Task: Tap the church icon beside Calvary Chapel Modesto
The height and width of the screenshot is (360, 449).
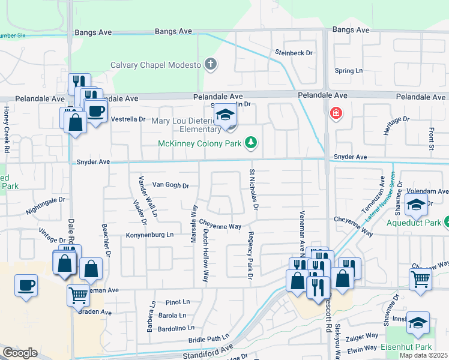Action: click(x=210, y=64)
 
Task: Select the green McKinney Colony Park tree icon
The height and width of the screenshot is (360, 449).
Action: click(x=251, y=143)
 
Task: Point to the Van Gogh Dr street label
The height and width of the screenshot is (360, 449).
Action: click(x=170, y=185)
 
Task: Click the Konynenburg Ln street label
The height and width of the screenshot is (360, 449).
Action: click(x=149, y=235)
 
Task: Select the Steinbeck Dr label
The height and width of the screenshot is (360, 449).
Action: click(x=294, y=53)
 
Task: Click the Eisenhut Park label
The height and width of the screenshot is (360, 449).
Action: click(x=406, y=347)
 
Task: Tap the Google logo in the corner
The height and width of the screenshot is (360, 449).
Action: click(x=20, y=353)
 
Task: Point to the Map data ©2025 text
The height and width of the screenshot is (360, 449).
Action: click(x=423, y=355)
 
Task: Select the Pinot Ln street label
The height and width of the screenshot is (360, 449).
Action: click(x=178, y=302)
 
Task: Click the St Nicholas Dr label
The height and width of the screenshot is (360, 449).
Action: click(x=253, y=190)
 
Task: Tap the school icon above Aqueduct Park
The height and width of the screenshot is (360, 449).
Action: click(x=416, y=206)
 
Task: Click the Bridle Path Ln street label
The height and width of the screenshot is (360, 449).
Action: click(x=209, y=338)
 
